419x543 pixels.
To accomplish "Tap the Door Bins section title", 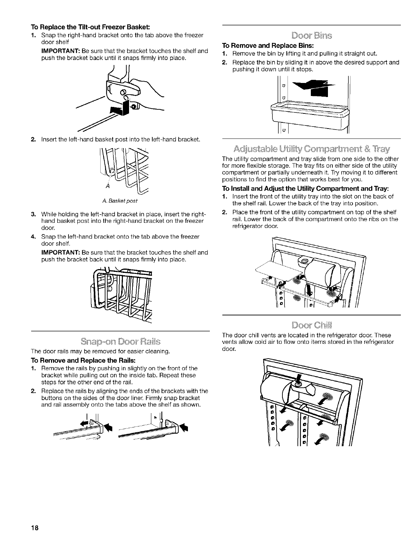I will [x=312, y=35].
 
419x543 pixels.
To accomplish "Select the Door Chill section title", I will [x=312, y=325].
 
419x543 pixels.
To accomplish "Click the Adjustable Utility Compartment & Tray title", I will [x=312, y=149].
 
